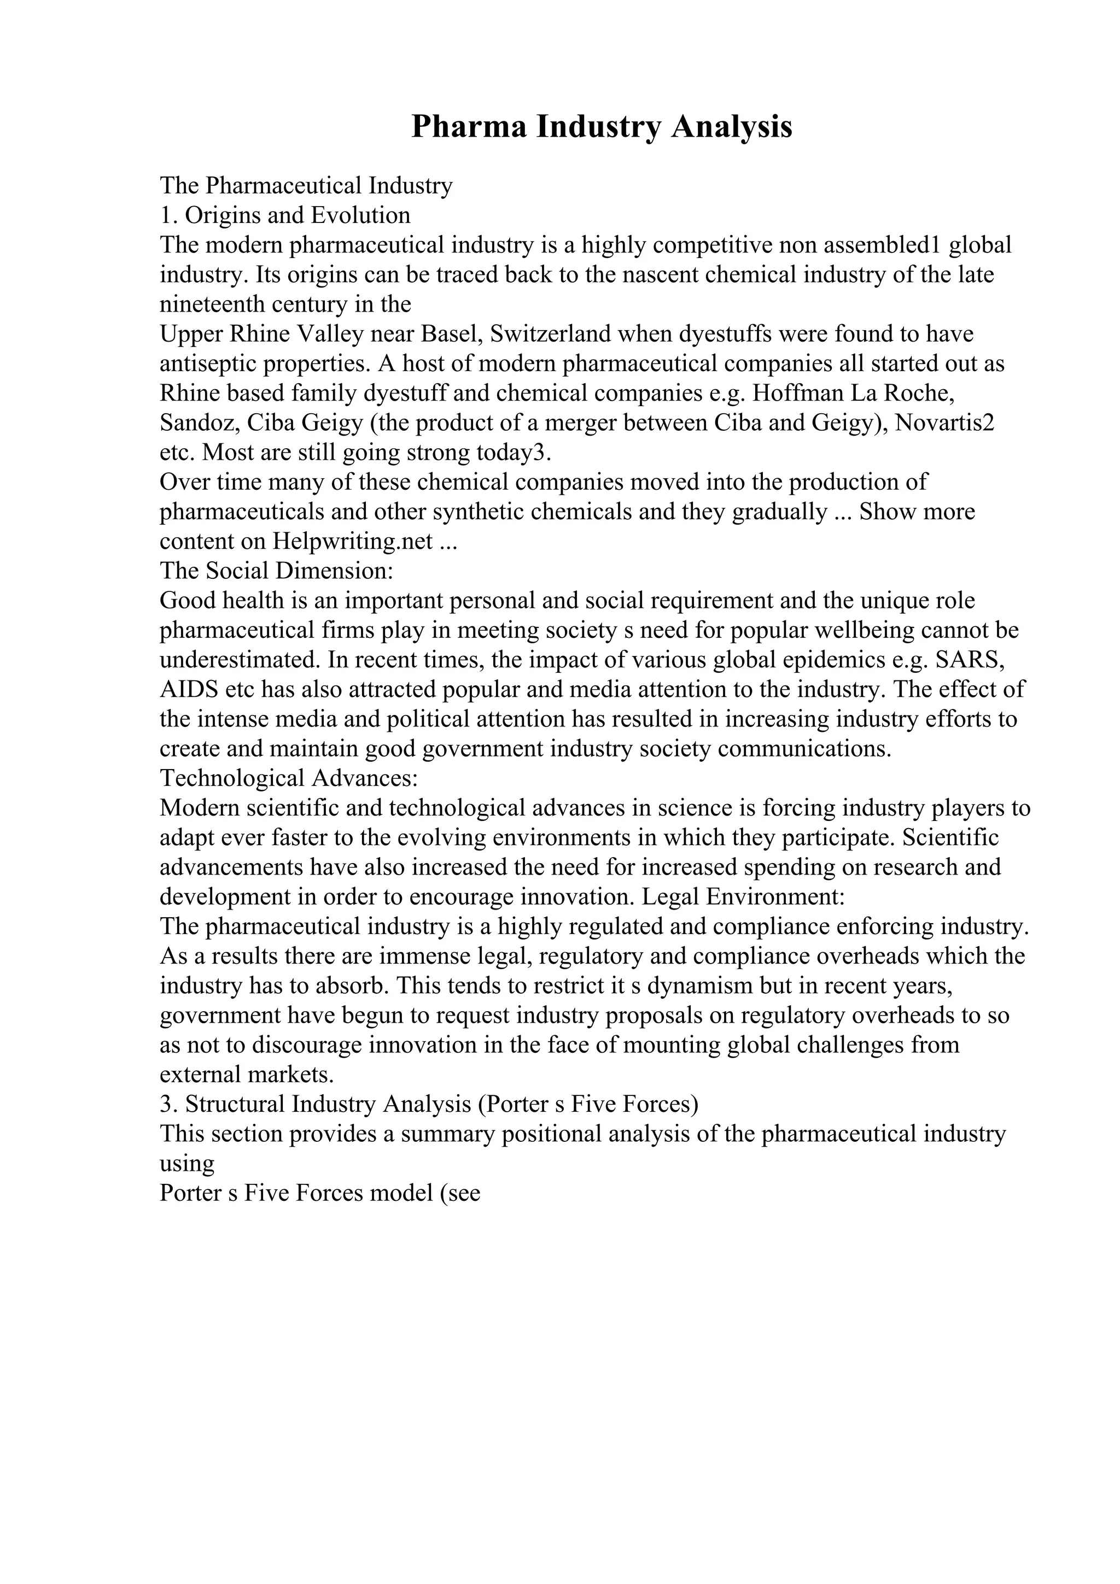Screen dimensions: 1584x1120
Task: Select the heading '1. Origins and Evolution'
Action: point(285,215)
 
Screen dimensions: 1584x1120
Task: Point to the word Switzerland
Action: point(551,334)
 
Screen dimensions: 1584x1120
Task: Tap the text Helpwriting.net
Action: point(353,541)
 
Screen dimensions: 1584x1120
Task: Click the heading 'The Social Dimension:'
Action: point(276,571)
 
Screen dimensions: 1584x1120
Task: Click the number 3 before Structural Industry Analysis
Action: point(166,1105)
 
